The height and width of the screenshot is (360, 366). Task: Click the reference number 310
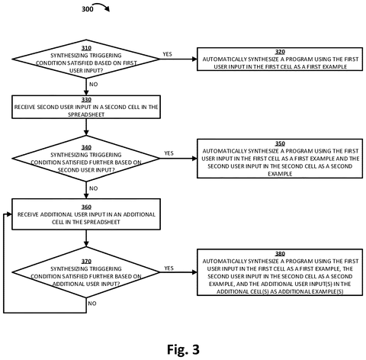click(x=86, y=48)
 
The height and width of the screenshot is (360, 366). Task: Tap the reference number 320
click(x=280, y=52)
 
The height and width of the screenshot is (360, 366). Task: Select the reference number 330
click(x=86, y=100)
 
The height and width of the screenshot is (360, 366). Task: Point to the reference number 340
click(x=86, y=147)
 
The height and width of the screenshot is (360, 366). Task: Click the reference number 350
click(x=280, y=143)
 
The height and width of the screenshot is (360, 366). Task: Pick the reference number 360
click(x=86, y=207)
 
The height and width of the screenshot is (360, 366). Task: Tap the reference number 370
click(x=86, y=262)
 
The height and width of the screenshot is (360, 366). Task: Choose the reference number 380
click(x=280, y=254)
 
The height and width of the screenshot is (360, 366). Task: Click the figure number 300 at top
click(x=88, y=9)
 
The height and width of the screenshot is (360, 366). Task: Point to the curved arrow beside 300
click(x=101, y=5)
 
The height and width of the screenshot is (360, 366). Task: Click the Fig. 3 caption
click(x=183, y=349)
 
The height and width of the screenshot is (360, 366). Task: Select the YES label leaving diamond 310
click(x=167, y=54)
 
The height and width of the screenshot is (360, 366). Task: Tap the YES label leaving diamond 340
click(x=169, y=153)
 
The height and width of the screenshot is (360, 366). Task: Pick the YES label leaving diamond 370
click(x=169, y=268)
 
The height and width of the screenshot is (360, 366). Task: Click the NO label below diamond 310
click(x=94, y=85)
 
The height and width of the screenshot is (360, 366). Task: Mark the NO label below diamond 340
click(x=94, y=188)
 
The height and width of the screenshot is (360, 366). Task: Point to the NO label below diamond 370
click(x=92, y=304)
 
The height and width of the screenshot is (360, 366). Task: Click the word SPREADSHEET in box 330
click(x=86, y=114)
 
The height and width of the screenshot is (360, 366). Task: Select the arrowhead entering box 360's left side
click(x=9, y=214)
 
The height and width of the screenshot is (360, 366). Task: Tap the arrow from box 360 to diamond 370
click(x=86, y=238)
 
